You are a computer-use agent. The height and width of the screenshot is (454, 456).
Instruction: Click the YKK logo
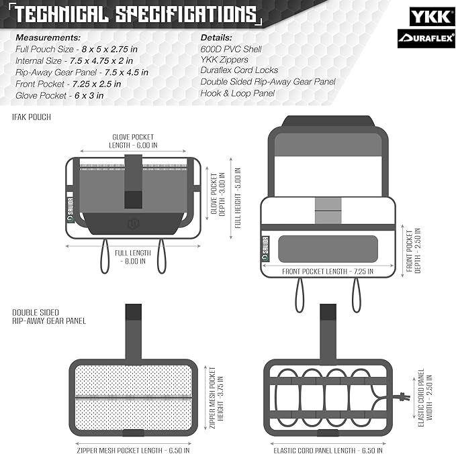432,16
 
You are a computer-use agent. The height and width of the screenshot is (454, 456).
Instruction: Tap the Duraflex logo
426,38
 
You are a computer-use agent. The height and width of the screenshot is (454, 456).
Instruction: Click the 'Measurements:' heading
48,38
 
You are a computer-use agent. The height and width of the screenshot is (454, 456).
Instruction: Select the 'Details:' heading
216,38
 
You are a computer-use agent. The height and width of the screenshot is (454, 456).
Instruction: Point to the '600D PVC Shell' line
231,49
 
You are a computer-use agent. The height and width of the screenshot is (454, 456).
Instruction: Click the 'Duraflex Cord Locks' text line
239,70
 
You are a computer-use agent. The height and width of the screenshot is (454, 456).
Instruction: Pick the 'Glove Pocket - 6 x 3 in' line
59,95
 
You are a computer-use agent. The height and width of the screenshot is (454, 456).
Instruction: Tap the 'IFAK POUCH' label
32,117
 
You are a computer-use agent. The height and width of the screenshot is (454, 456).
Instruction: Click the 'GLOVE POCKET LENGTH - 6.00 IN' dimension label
133,141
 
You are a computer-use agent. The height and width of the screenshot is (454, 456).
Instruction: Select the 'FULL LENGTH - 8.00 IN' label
133,257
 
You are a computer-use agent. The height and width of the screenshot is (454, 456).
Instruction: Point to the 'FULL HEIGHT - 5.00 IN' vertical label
238,198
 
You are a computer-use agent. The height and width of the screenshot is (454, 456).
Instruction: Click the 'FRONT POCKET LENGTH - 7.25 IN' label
328,272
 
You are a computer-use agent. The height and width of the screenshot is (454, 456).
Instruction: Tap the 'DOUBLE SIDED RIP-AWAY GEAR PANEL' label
49,317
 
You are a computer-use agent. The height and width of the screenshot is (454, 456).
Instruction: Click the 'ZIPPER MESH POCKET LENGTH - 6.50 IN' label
133,450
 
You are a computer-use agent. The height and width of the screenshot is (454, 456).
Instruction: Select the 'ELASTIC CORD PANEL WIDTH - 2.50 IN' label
425,398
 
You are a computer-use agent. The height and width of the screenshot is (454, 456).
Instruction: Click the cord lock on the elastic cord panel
404,396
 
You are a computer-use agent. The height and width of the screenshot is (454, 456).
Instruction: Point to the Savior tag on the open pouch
265,249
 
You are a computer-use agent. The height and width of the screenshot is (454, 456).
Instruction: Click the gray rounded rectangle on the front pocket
328,249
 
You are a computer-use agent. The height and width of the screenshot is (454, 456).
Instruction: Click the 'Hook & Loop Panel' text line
237,93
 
